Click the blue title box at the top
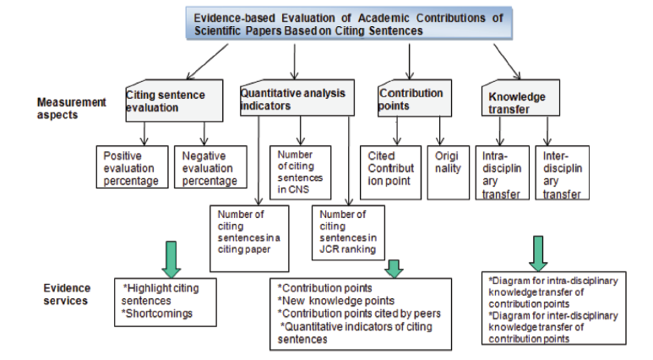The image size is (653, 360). [x=349, y=24]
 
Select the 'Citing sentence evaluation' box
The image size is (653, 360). [x=174, y=101]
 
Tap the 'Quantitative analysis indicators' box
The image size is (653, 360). [x=297, y=97]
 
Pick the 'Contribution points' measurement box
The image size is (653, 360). [x=415, y=98]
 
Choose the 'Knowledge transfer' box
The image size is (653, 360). [x=520, y=97]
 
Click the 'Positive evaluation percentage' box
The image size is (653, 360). [x=132, y=167]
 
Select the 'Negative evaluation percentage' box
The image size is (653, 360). [x=210, y=167]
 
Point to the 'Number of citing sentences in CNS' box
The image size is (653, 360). [x=300, y=172]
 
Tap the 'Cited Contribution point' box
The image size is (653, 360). [x=390, y=172]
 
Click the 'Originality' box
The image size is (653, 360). [x=448, y=172]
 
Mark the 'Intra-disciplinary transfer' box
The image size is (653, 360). [x=503, y=172]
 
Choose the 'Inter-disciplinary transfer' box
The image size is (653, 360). [x=563, y=172]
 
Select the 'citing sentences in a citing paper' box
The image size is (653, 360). [x=249, y=238]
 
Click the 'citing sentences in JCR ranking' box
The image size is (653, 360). [x=348, y=232]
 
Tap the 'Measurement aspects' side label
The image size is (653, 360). [x=72, y=108]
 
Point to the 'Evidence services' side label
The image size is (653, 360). [x=67, y=294]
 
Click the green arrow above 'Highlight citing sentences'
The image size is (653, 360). [x=171, y=259]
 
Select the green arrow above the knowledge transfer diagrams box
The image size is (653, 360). [x=538, y=254]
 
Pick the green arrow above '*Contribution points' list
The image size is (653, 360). [x=394, y=269]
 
